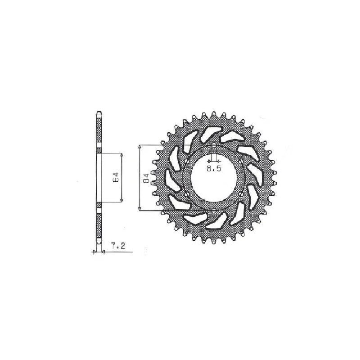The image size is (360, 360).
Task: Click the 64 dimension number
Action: point(116,177)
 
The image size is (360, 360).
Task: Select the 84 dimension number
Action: point(146,178)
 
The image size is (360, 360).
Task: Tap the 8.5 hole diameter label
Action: point(214,169)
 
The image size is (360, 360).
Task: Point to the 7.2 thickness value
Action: point(118,247)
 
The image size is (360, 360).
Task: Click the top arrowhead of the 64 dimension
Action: point(121,155)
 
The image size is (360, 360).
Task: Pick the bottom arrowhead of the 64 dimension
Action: point(121,200)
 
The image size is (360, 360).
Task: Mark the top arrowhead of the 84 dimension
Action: point(139,147)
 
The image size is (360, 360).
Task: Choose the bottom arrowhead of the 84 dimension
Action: point(139,208)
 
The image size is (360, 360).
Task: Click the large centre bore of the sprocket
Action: point(214,177)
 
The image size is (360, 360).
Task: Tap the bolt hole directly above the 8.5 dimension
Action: point(214,146)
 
